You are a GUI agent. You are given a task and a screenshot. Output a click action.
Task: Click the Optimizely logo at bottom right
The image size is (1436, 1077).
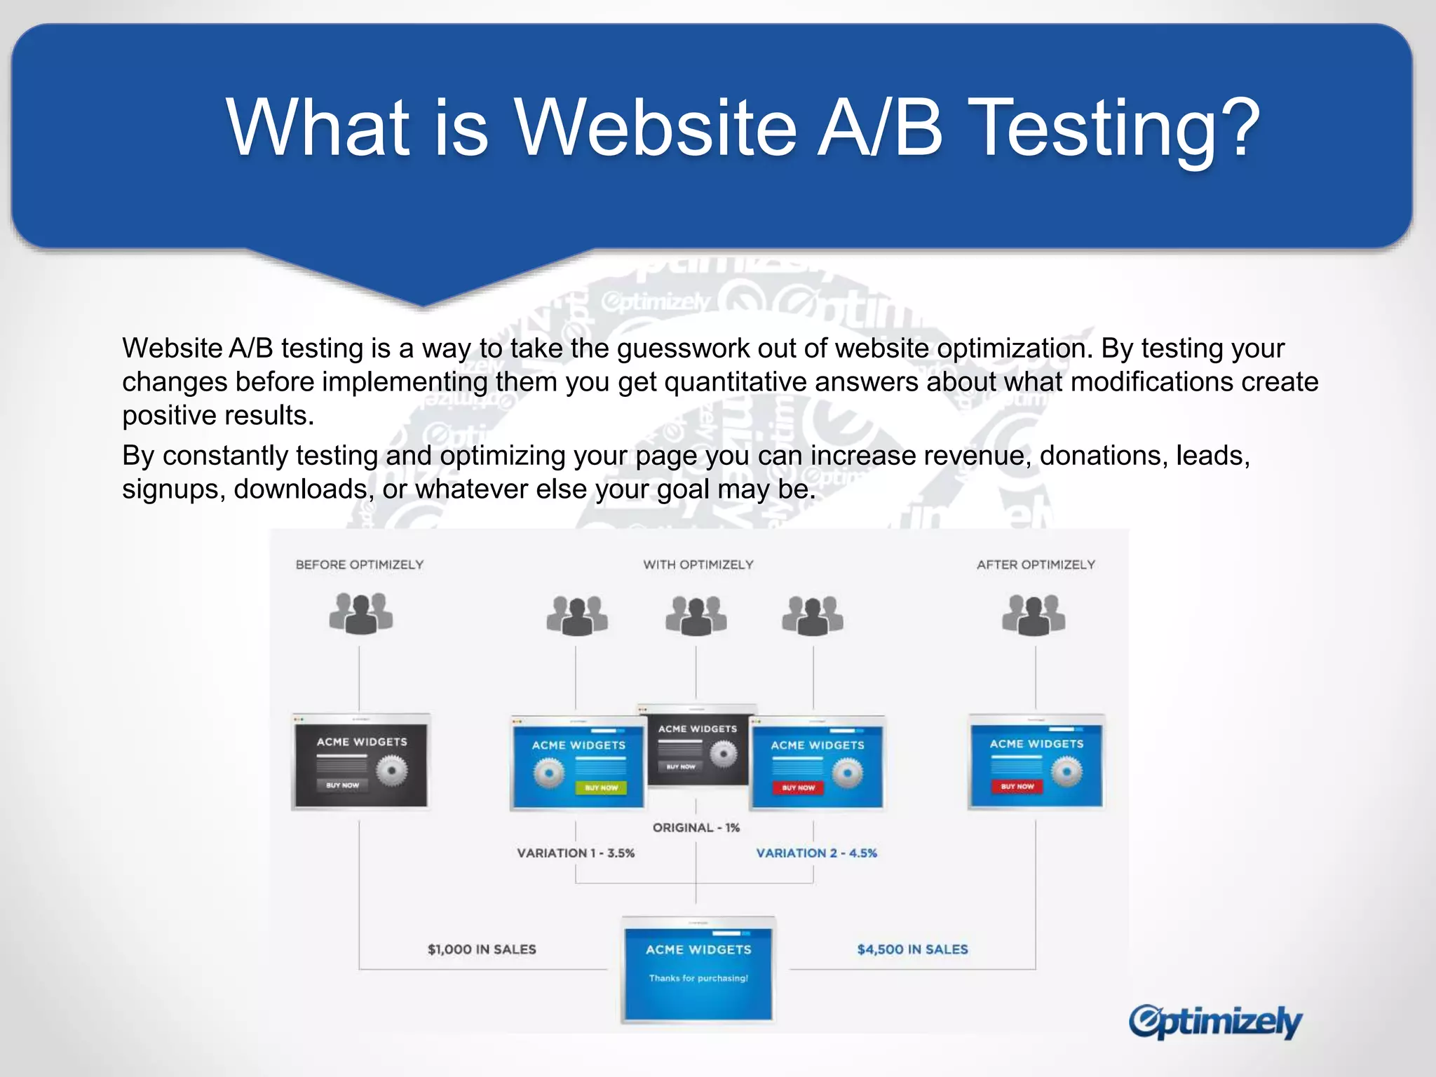coord(1215,1022)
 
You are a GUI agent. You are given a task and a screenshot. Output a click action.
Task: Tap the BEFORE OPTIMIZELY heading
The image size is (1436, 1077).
coord(360,565)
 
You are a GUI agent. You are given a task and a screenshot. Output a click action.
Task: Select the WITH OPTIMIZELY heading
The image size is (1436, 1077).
coord(698,565)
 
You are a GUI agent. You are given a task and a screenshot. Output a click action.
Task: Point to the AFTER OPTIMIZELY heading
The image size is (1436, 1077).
coord(1036,565)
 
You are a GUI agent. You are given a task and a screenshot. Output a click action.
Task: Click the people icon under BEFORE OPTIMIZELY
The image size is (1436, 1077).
coord(361,613)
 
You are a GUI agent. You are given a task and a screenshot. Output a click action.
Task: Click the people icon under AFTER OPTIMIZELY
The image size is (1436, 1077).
coord(1034,614)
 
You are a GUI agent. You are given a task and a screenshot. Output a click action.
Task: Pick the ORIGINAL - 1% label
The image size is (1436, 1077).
coord(696,828)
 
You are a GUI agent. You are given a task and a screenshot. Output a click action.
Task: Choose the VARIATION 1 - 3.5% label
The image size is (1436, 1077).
coord(576,853)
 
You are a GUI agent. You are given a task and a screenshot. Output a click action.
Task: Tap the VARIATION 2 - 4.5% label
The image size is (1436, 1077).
coord(816,853)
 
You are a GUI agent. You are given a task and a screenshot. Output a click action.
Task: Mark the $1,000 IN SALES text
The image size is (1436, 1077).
coord(482,949)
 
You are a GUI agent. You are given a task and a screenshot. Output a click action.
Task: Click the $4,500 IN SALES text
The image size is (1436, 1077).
coord(912,949)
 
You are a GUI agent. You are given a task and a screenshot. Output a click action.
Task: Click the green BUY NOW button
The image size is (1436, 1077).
coord(601,788)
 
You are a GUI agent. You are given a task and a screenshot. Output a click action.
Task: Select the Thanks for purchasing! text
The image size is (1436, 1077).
coord(698,978)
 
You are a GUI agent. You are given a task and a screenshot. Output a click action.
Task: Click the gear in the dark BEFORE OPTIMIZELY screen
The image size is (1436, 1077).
coord(391,771)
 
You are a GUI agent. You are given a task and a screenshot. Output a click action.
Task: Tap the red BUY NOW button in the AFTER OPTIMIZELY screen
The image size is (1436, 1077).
coord(1017,787)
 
